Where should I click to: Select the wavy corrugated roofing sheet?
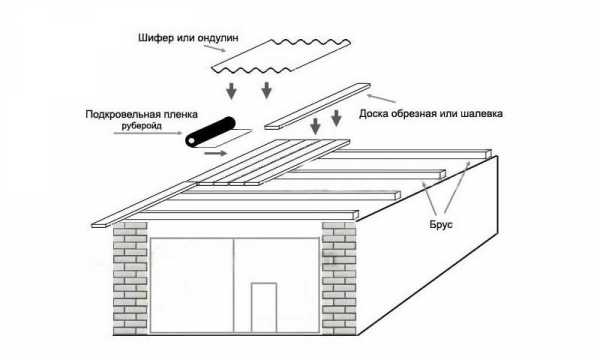[x=281, y=56]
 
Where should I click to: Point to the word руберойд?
[x=142, y=126]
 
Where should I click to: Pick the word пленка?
[x=180, y=114]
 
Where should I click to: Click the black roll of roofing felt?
[x=210, y=132]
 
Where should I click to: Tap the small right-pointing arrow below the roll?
[x=216, y=153]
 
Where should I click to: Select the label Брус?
[x=441, y=225]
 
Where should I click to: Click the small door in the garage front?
[x=264, y=308]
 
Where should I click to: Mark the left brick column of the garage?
[x=130, y=278]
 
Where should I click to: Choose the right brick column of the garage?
[x=339, y=278]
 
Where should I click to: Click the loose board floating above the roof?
[x=318, y=106]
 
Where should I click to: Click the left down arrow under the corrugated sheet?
[x=231, y=91]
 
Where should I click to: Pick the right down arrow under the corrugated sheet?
[x=266, y=90]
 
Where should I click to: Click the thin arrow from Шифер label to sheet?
[x=215, y=48]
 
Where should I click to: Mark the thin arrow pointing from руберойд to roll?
[x=148, y=133]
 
